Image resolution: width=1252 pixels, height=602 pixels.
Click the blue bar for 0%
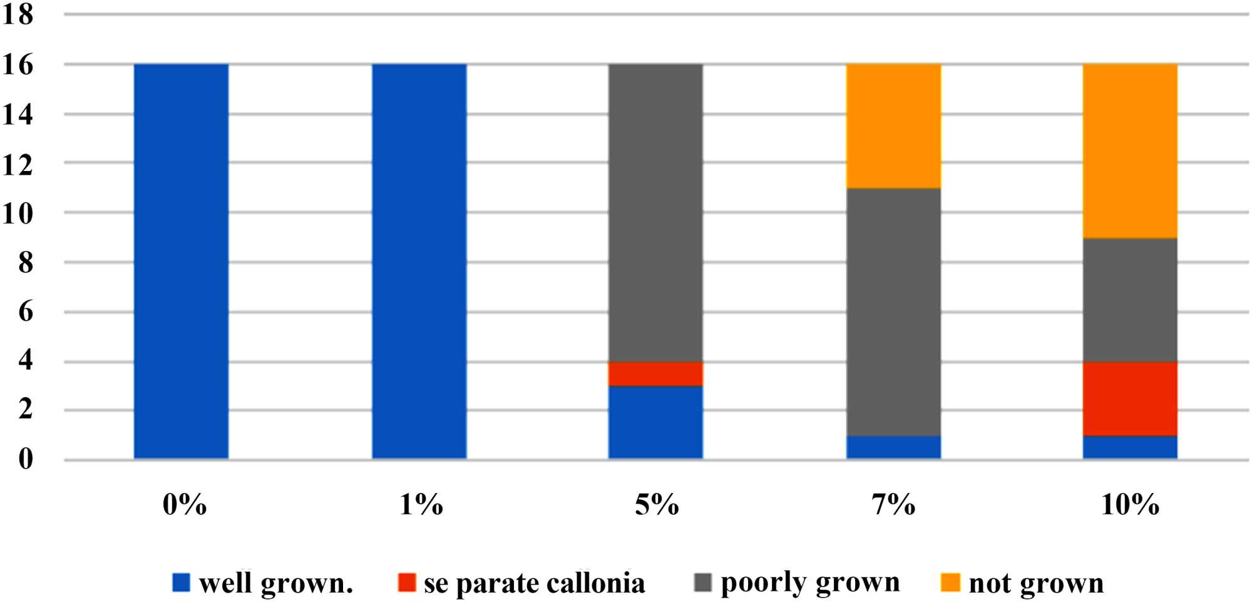coord(181,261)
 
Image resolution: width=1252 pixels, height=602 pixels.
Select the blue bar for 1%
coord(419,261)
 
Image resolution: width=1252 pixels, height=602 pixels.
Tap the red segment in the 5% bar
coord(655,374)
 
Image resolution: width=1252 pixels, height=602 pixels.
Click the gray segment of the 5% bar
coord(655,213)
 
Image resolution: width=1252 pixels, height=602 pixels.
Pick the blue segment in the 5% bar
coord(655,422)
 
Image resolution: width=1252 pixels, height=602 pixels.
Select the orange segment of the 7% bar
coord(893,126)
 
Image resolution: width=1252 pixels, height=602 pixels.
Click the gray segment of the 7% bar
coord(893,311)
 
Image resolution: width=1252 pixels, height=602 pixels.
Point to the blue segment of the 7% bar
coord(893,447)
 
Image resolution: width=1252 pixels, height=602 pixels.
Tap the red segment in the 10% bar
coord(1130,398)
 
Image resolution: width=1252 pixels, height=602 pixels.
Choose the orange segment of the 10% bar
coord(1130,151)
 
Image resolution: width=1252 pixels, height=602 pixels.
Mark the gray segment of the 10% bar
coord(1130,299)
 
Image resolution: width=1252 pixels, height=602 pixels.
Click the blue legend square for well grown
coord(181,583)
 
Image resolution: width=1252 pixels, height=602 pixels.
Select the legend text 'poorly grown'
coord(809,583)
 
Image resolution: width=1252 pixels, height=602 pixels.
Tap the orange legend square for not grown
coord(950,583)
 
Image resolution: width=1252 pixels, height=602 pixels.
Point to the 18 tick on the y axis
coord(18,14)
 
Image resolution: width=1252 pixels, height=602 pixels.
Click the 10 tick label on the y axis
coord(18,214)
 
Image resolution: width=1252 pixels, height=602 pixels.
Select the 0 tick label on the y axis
coord(25,459)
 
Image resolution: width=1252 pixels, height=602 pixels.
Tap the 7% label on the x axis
coord(893,504)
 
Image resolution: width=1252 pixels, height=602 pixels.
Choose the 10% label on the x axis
coord(1130,504)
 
